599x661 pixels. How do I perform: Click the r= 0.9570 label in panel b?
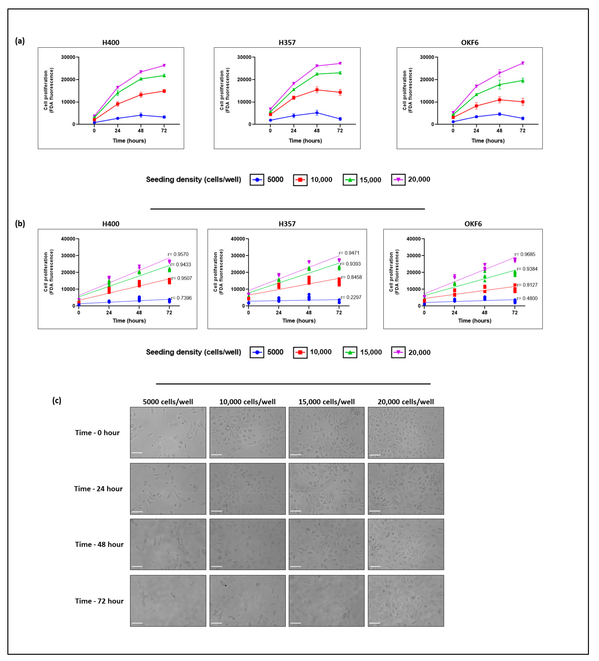pos(178,254)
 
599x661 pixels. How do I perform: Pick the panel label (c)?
pos(57,401)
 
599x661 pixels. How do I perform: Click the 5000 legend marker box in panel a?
pos(257,180)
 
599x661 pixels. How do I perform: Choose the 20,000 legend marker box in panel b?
pos(398,353)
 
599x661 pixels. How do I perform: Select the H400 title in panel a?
pos(111,43)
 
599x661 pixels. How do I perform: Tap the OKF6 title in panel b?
pos(473,224)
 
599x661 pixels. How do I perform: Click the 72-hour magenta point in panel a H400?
pos(164,66)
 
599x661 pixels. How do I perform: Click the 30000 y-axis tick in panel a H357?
pos(244,57)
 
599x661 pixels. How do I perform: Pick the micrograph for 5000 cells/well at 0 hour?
pos(168,432)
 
